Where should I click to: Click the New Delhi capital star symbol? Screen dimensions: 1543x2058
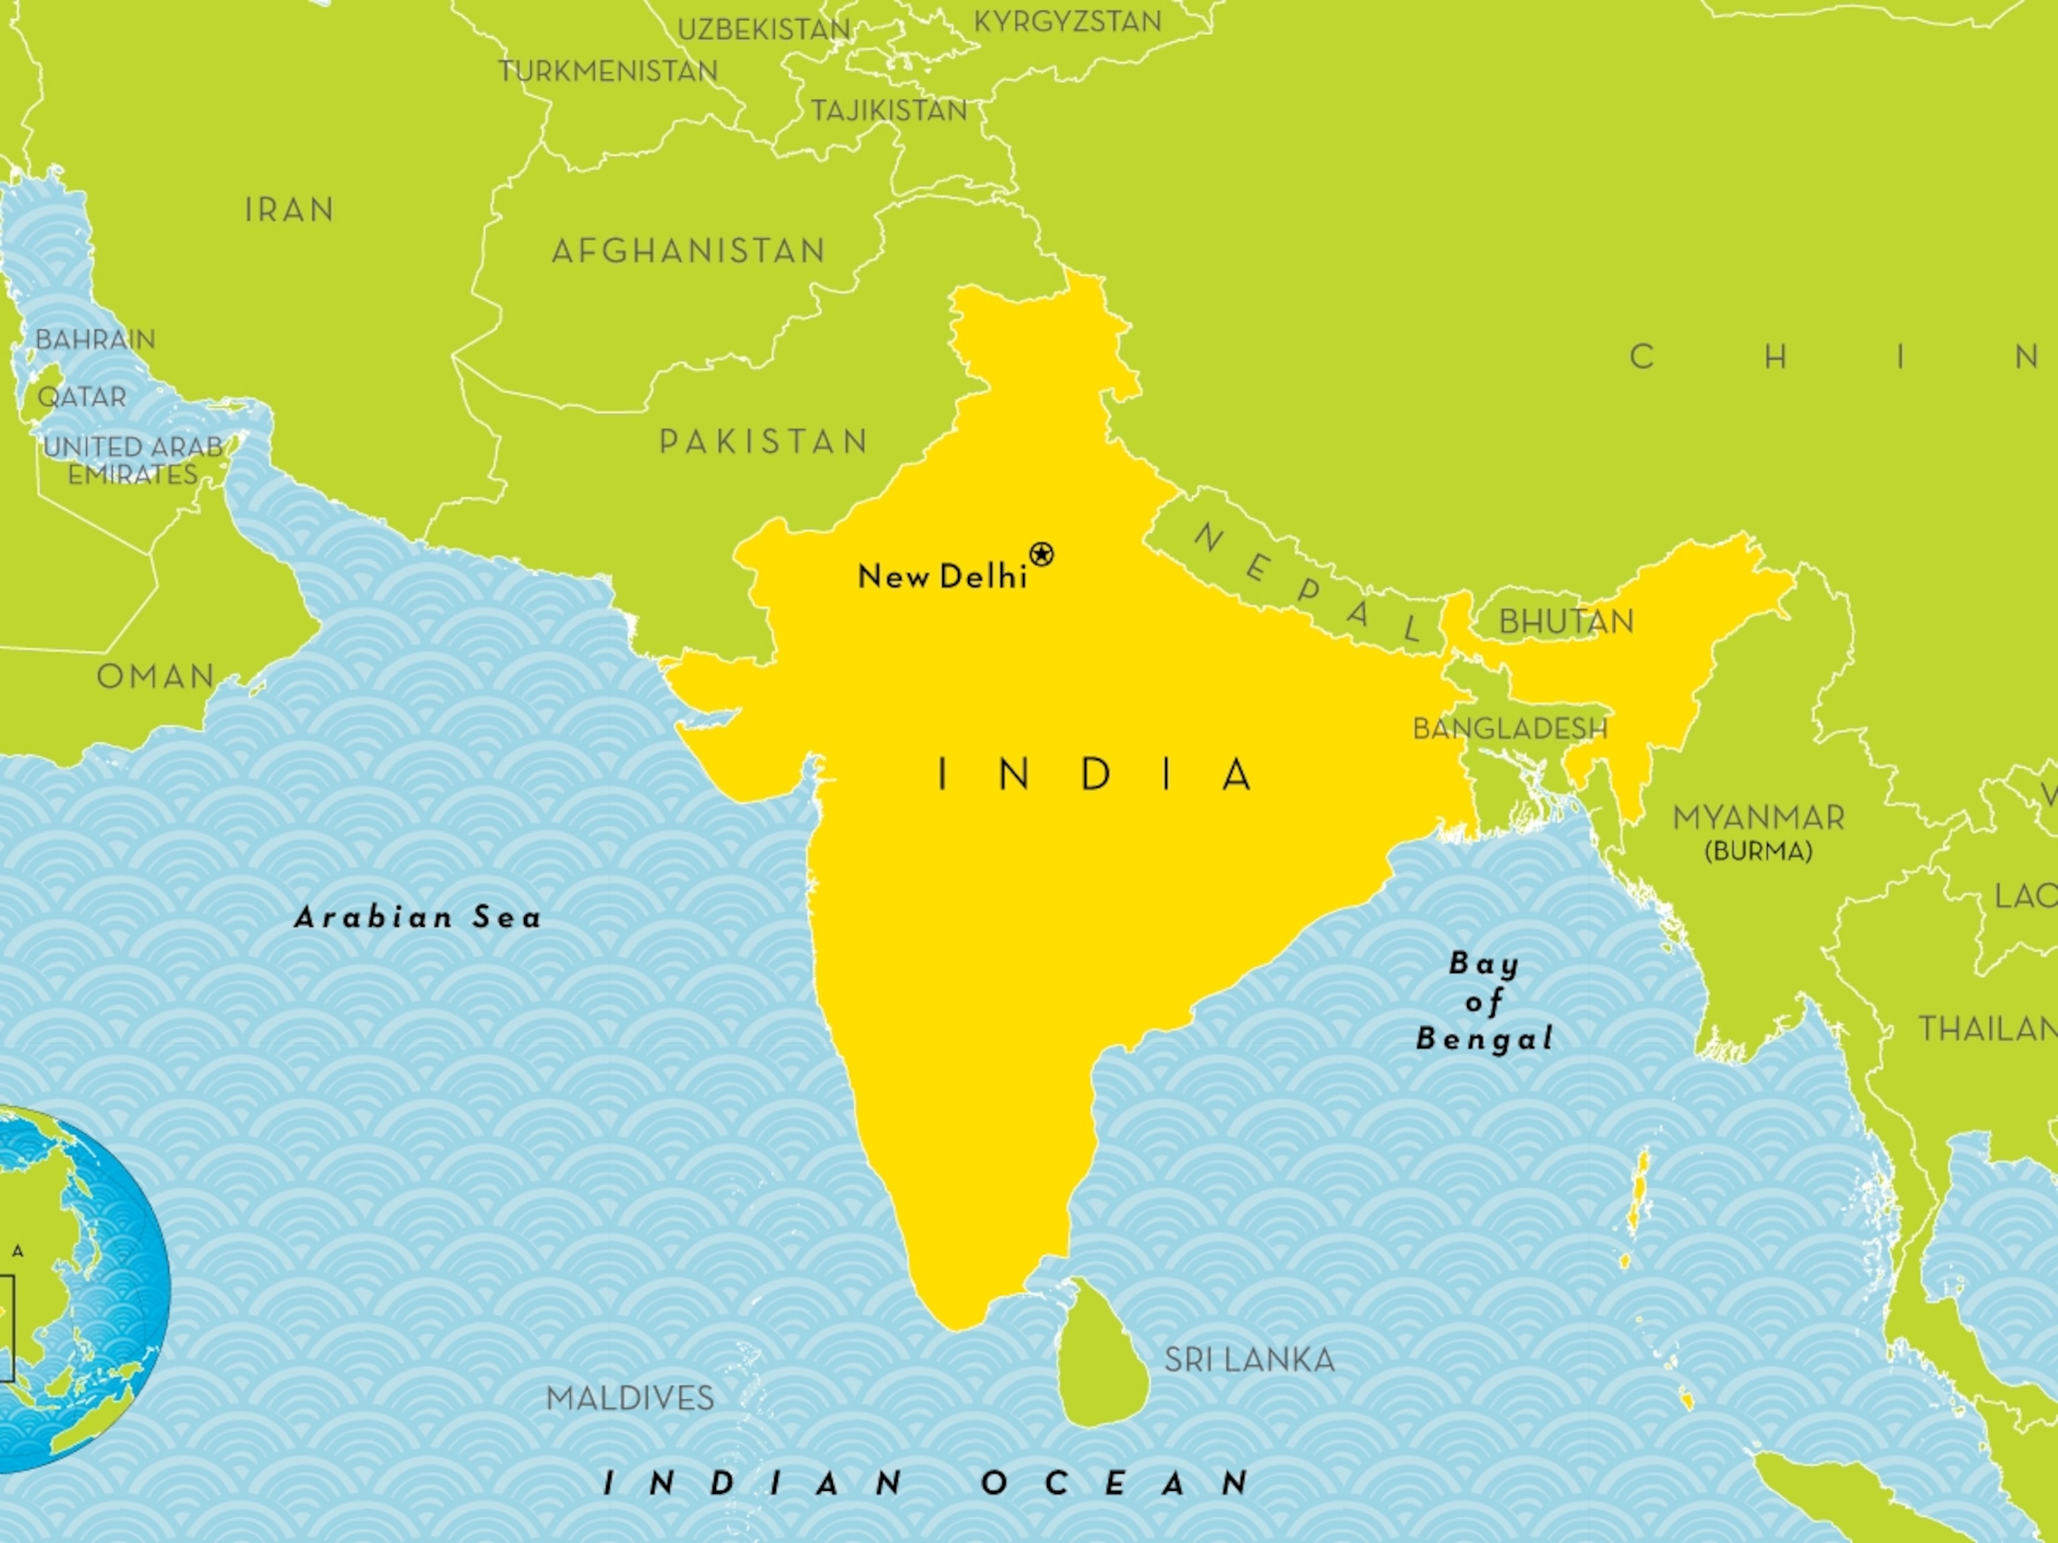click(1042, 555)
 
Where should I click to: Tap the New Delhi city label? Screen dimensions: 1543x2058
click(941, 577)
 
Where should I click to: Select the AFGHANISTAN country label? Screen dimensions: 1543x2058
click(689, 251)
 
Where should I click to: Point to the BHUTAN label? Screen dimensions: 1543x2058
click(1566, 621)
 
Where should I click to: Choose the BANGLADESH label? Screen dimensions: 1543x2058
click(1509, 728)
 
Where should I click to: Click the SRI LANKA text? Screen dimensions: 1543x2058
click(1249, 1360)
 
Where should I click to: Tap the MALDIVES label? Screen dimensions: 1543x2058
click(630, 1398)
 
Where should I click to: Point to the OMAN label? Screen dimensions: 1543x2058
click(156, 676)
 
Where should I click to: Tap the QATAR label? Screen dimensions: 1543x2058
click(82, 397)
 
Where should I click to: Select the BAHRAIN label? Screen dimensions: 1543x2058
click(95, 340)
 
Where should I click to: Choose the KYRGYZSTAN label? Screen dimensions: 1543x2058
click(1067, 21)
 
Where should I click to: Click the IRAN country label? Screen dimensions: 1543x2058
click(289, 210)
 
